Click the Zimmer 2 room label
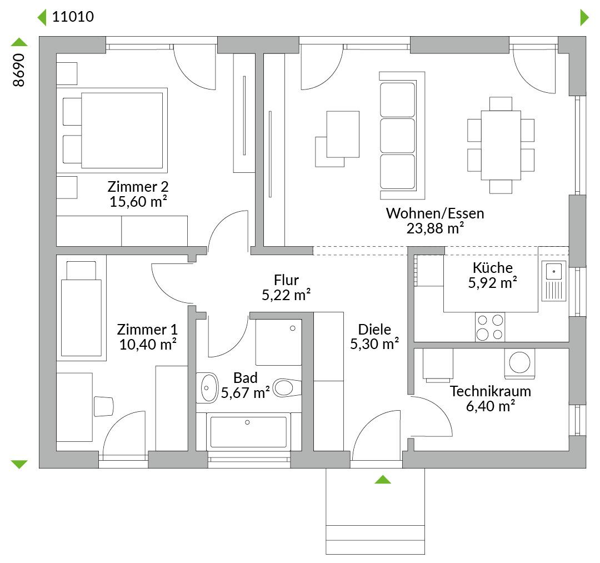138,187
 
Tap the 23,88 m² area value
435,228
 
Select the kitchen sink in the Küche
554,281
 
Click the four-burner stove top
490,327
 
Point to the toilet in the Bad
288,388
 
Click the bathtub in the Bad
248,432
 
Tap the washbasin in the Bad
208,388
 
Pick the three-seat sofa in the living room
402,136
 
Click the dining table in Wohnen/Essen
501,145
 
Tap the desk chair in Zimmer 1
103,406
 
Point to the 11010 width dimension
73,17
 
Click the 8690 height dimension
19,70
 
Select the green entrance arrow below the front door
383,479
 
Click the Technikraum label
490,391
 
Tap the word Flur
286,280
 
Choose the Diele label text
374,329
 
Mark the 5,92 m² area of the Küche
492,283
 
